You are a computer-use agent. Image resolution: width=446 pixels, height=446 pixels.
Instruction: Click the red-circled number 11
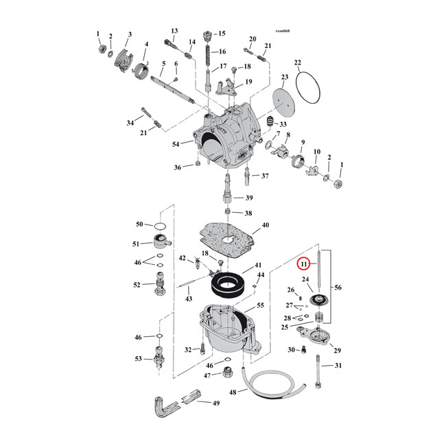303,263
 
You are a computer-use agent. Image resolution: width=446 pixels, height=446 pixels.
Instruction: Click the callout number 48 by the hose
233,392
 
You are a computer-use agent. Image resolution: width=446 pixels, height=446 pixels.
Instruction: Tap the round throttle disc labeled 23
281,98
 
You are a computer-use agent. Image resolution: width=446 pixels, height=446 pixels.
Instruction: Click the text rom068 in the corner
282,32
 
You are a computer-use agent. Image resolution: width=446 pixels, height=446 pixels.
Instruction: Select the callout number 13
174,31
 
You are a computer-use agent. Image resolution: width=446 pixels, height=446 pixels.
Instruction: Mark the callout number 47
207,375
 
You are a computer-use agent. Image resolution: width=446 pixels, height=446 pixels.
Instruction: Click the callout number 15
221,34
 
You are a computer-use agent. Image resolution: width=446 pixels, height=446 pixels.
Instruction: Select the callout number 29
337,351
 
